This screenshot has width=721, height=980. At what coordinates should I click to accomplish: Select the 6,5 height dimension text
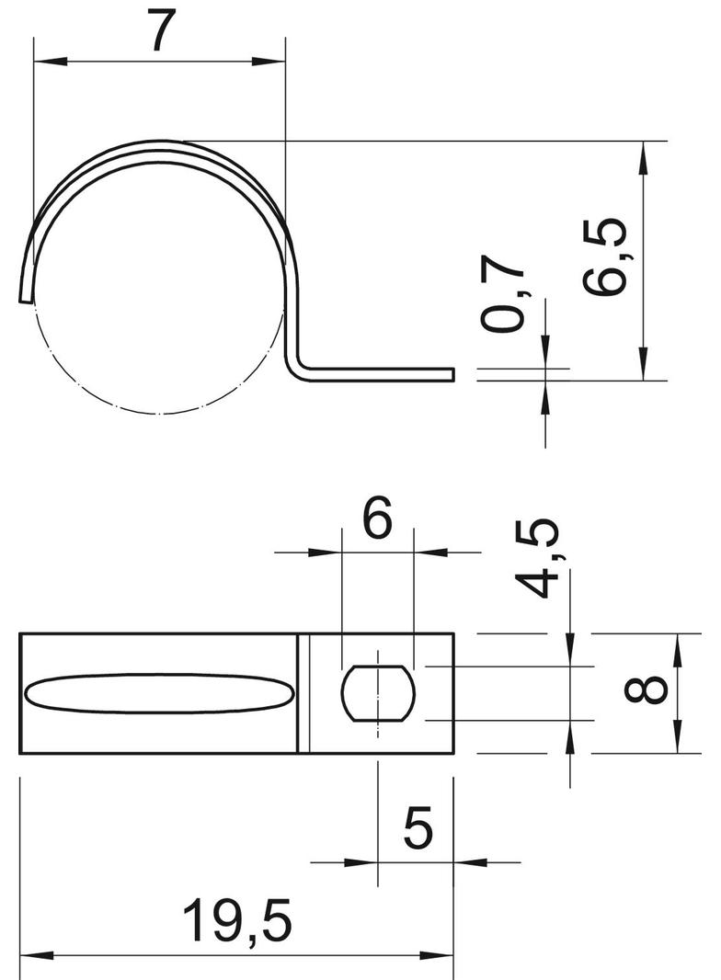coord(604,256)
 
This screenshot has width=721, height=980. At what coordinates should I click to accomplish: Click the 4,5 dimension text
coord(536,559)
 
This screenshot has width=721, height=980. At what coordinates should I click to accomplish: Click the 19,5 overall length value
coord(237,919)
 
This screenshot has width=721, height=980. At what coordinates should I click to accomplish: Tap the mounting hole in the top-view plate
coord(378,693)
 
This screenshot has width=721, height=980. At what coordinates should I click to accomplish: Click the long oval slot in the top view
coord(159,693)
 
